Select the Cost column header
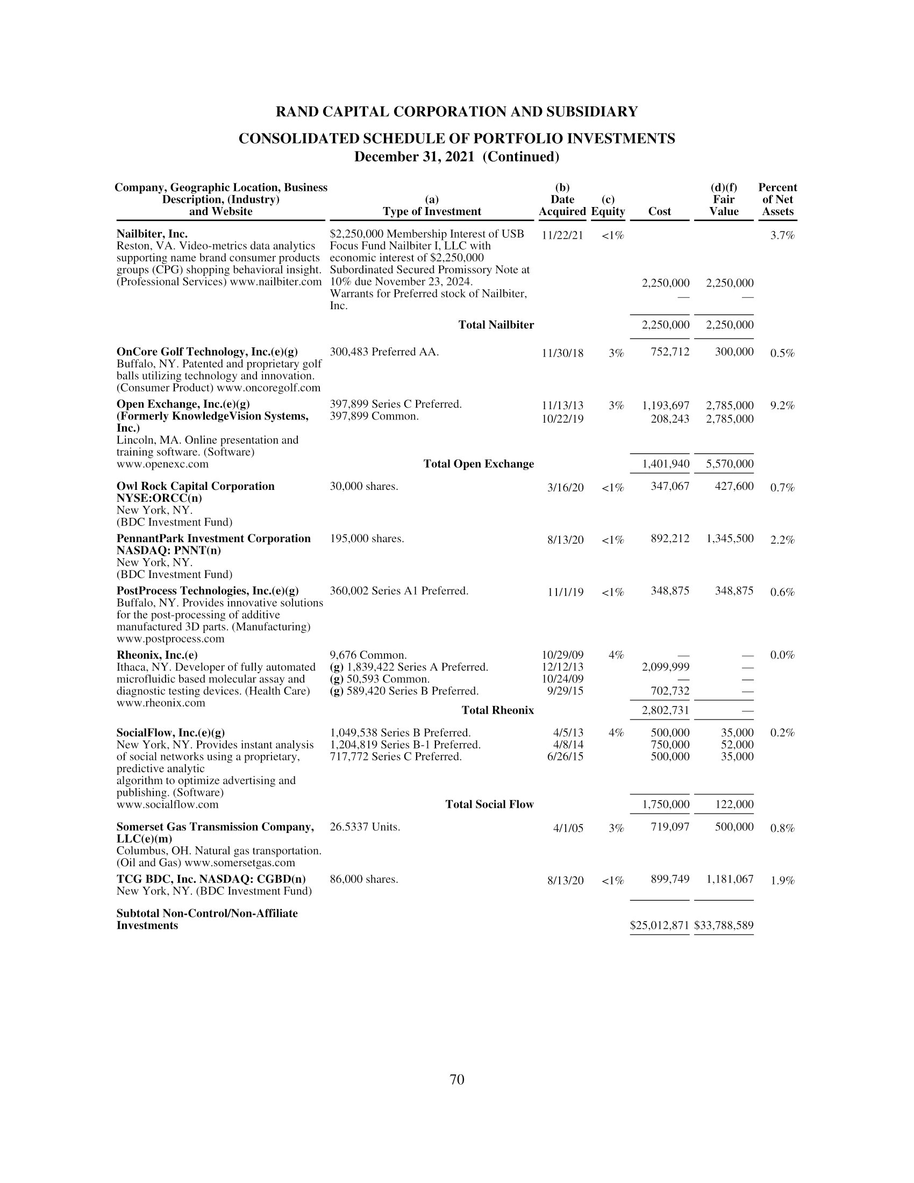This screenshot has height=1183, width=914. [x=659, y=211]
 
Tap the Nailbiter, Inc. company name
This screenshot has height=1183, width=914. [x=152, y=234]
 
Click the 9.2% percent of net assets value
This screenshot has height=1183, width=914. [x=782, y=405]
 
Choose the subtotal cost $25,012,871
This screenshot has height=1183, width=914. [x=660, y=925]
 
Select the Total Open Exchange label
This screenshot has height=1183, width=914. [x=478, y=464]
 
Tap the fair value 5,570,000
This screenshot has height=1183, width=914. [x=730, y=464]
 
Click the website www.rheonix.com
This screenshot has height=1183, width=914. [x=161, y=703]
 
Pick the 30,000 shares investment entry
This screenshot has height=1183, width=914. [x=364, y=487]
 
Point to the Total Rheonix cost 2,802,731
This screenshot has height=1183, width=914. [x=666, y=710]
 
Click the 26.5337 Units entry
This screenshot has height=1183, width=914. [x=365, y=827]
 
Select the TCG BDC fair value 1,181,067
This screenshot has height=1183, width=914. [x=730, y=879]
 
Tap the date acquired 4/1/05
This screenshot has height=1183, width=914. [x=568, y=828]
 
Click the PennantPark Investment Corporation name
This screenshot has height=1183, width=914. [x=213, y=538]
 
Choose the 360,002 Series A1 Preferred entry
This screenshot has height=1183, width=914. [x=399, y=591]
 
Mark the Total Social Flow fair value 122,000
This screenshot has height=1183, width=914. [x=734, y=804]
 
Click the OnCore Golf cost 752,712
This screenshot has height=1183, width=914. [x=670, y=352]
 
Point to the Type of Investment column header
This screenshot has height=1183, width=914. [x=432, y=211]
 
